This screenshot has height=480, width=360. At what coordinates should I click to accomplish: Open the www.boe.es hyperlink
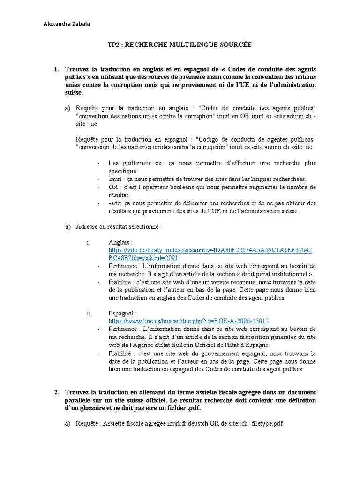pos(188,321)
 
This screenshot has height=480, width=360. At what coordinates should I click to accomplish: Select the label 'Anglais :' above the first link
pos(120,243)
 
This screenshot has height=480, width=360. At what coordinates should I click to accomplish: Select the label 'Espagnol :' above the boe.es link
pos(122,313)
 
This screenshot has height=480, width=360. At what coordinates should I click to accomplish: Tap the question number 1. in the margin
pos(57,70)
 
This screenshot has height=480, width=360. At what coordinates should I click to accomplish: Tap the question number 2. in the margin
pos(57,391)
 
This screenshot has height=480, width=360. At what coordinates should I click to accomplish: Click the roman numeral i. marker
pos(88,243)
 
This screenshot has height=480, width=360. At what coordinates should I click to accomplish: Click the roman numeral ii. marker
pos(89,313)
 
